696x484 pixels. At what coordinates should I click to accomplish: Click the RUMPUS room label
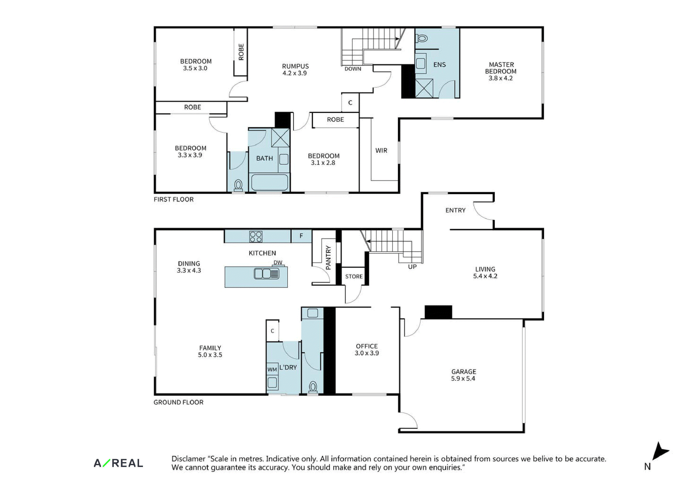coord(295,66)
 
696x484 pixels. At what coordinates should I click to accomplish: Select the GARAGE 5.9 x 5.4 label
coord(463,375)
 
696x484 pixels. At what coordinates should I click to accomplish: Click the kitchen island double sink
coord(266,274)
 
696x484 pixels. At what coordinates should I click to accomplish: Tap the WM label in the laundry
coord(272,369)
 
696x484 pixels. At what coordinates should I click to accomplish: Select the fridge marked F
coord(301,236)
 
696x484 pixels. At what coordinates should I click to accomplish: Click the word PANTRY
coord(328,258)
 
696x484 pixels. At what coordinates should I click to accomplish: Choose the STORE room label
coord(354,276)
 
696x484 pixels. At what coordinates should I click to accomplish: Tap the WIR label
coord(381,150)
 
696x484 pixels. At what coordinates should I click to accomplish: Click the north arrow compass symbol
coord(660,452)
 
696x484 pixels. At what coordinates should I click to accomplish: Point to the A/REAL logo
coord(118,463)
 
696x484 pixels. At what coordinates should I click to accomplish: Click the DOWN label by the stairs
coord(353,69)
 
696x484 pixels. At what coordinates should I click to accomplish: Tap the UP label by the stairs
coord(412,267)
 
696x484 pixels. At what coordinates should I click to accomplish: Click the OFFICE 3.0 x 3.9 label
coord(367,350)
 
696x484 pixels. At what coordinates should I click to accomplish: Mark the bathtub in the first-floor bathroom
coord(269,182)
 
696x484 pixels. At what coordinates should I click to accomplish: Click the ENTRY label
coord(455,210)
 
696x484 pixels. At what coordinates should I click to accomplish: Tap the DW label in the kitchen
coord(278,262)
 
